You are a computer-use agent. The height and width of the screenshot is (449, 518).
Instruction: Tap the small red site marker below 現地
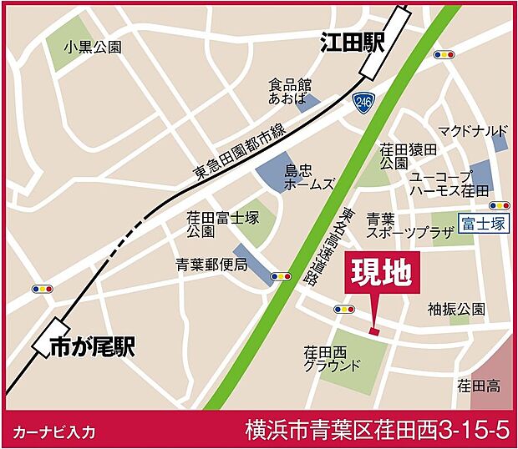pos(373,332)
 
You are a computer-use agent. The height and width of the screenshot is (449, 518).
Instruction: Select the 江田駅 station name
pos(352,43)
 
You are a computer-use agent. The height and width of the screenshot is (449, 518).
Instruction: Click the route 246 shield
pos(363,103)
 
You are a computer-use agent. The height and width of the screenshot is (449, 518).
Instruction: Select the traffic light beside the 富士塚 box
pos(500,205)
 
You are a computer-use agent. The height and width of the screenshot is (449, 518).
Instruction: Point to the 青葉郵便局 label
pos(211,265)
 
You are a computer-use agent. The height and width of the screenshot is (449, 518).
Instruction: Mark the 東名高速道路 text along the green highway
pos(352,241)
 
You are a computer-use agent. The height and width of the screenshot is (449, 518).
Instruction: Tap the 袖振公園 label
pos(455,309)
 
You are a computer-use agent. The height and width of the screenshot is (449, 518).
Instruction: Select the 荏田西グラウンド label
pos(332,359)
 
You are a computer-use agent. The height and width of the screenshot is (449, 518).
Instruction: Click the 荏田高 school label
pos(478,386)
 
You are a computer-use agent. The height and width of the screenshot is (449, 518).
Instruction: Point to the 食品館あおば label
pos(289,91)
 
